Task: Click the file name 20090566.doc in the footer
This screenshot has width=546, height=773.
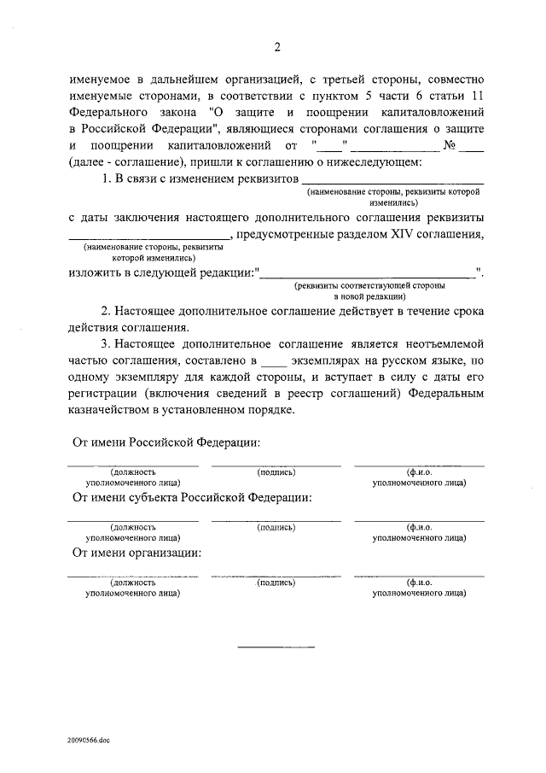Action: [85, 741]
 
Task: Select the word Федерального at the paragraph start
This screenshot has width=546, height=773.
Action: [106, 112]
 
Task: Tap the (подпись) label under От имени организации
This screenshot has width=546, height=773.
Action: [276, 583]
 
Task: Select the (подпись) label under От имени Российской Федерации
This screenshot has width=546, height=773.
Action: [276, 471]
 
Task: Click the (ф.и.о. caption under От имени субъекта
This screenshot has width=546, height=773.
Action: [419, 527]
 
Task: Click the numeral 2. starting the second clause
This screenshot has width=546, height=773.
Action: [106, 310]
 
